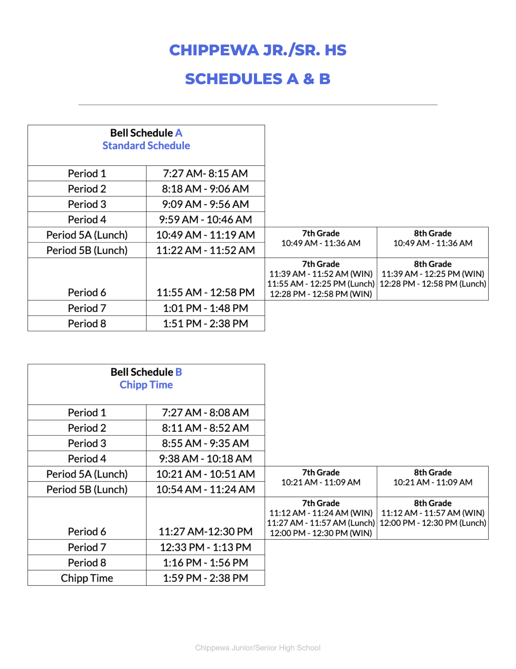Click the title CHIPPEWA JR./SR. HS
pos(257,50)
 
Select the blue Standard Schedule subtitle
pos(146,146)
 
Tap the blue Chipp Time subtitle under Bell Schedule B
pos(146,385)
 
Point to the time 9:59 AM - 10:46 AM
pos(205,220)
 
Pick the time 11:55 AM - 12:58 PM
pos(205,292)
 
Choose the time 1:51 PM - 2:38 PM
pos(205,324)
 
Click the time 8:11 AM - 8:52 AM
pos(205,428)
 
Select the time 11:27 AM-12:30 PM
pos(205,532)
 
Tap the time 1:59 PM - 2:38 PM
pos(205,578)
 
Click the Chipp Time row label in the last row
pos(87,578)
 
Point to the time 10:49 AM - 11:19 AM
pos(205,235)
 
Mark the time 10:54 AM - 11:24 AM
pos(205,489)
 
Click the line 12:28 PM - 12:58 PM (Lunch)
pos(433,284)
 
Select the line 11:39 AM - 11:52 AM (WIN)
pos(321,274)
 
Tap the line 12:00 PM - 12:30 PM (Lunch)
pos(433,523)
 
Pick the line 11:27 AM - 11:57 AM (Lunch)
pos(321,523)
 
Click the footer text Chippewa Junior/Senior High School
pos(257,648)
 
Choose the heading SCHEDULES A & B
pos(257,79)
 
